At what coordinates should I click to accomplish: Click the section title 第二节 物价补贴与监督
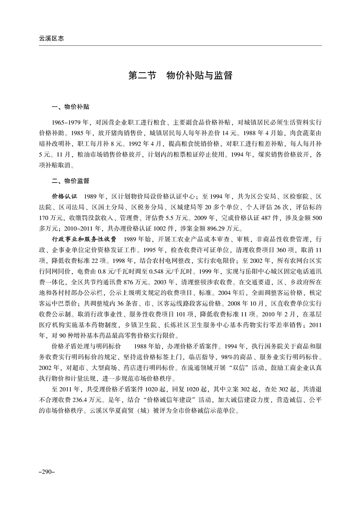click(180, 75)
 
